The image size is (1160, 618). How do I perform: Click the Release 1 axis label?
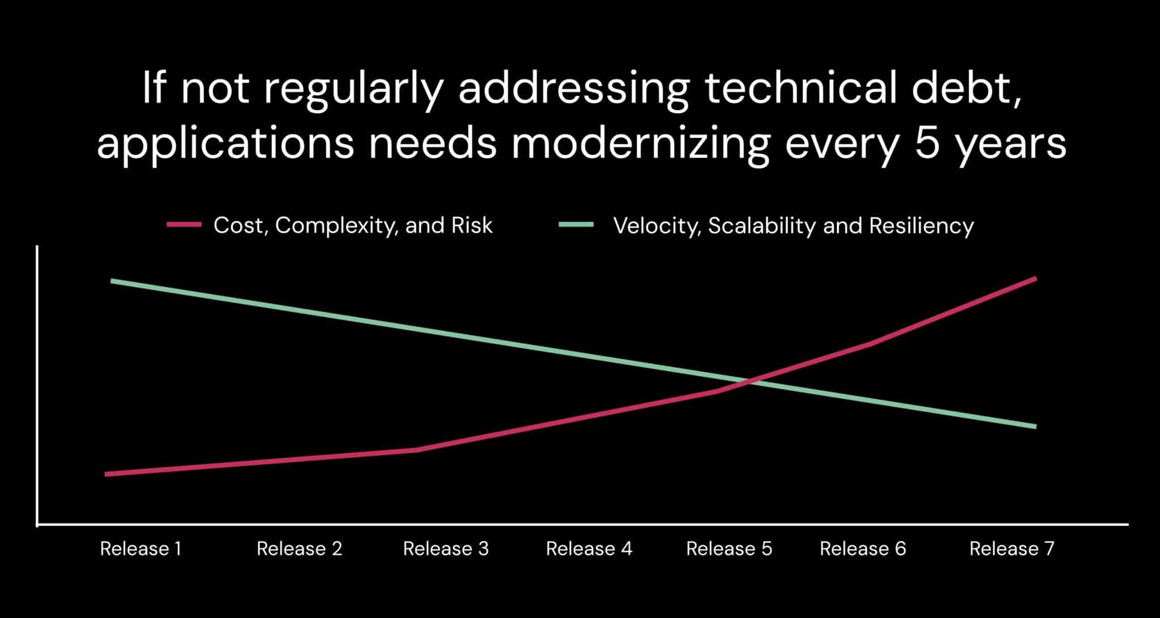pyautogui.click(x=140, y=548)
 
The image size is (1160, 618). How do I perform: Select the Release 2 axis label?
pyautogui.click(x=299, y=548)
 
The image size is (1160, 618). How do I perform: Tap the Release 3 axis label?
pyautogui.click(x=446, y=548)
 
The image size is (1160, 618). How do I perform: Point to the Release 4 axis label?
pyautogui.click(x=588, y=548)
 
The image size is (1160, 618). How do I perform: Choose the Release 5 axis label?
pyautogui.click(x=729, y=548)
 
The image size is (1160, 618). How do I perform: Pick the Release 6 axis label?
pyautogui.click(x=863, y=548)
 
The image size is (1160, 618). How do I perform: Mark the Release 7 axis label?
pyautogui.click(x=1012, y=548)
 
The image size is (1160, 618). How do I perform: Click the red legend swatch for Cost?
pyautogui.click(x=184, y=225)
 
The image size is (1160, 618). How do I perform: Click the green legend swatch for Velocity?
pyautogui.click(x=576, y=225)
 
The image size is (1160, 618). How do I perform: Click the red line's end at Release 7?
pyautogui.click(x=1035, y=279)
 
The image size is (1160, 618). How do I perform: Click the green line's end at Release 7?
pyautogui.click(x=1035, y=427)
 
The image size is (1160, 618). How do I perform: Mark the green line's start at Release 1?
pyautogui.click(x=112, y=281)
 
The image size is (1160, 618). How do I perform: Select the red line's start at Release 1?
pyautogui.click(x=106, y=474)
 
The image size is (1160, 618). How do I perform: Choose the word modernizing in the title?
pyautogui.click(x=640, y=143)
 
